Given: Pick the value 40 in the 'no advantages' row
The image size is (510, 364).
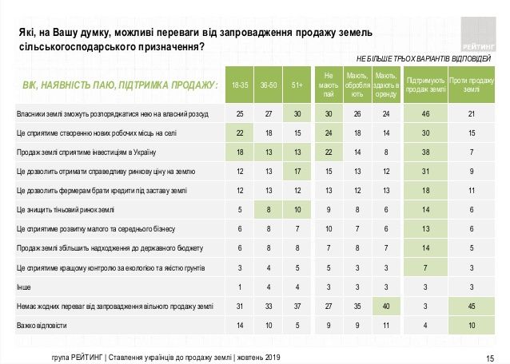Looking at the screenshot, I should pyautogui.click(x=386, y=305).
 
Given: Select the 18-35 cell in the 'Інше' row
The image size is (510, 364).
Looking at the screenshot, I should pyautogui.click(x=239, y=286).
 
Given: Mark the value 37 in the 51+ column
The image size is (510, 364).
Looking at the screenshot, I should pyautogui.click(x=297, y=305).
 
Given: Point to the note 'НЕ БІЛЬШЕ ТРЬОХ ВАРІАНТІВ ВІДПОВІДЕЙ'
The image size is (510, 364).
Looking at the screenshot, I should pyautogui.click(x=424, y=60).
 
